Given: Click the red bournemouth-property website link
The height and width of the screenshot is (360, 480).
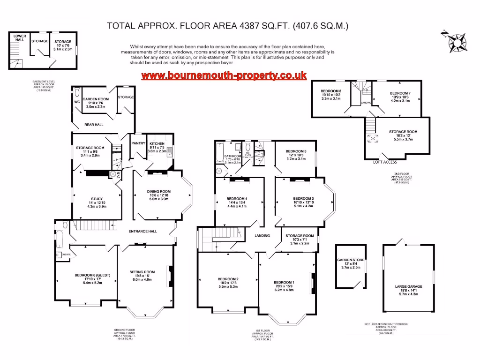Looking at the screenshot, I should pos(224,75).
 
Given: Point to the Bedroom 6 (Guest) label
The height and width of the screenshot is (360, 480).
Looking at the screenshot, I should pos(86,275).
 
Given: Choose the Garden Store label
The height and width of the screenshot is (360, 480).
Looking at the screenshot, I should pos(351,260).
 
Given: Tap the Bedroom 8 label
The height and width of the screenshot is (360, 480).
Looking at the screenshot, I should pos(331,90).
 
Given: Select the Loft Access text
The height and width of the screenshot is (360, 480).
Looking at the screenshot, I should pos(384,162).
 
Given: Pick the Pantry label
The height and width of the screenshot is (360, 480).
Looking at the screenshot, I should pos(138,143).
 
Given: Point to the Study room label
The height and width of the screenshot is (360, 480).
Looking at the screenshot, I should pos(97,199).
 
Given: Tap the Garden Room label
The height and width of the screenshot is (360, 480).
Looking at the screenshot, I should pos(96,99).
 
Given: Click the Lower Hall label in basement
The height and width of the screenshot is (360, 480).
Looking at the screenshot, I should pos(19,38).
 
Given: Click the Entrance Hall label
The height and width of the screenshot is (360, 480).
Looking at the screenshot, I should pos(143,231).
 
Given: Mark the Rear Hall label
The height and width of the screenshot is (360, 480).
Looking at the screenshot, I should pos(94,125).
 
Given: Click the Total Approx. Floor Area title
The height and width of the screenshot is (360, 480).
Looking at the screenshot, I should pos(228,26).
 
